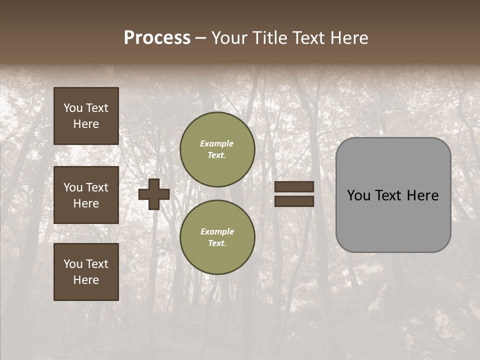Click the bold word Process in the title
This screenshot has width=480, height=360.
157,38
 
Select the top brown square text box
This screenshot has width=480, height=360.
86,116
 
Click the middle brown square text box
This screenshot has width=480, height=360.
86,195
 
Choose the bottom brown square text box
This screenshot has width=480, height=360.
86,272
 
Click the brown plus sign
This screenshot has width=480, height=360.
154,194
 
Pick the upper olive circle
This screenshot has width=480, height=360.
217,149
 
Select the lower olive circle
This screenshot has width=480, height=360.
217,237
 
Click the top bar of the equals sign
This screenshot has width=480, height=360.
294,187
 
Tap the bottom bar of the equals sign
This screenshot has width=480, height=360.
294,201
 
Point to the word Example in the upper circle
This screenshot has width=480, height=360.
217,143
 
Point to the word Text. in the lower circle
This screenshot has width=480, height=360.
217,243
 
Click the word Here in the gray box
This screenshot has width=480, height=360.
422,195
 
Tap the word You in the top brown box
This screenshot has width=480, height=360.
72,108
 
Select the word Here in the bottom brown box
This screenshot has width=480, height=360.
86,280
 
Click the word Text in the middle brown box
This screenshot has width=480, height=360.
97,187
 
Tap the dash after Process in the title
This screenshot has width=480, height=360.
200,38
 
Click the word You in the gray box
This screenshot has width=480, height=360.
358,195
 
